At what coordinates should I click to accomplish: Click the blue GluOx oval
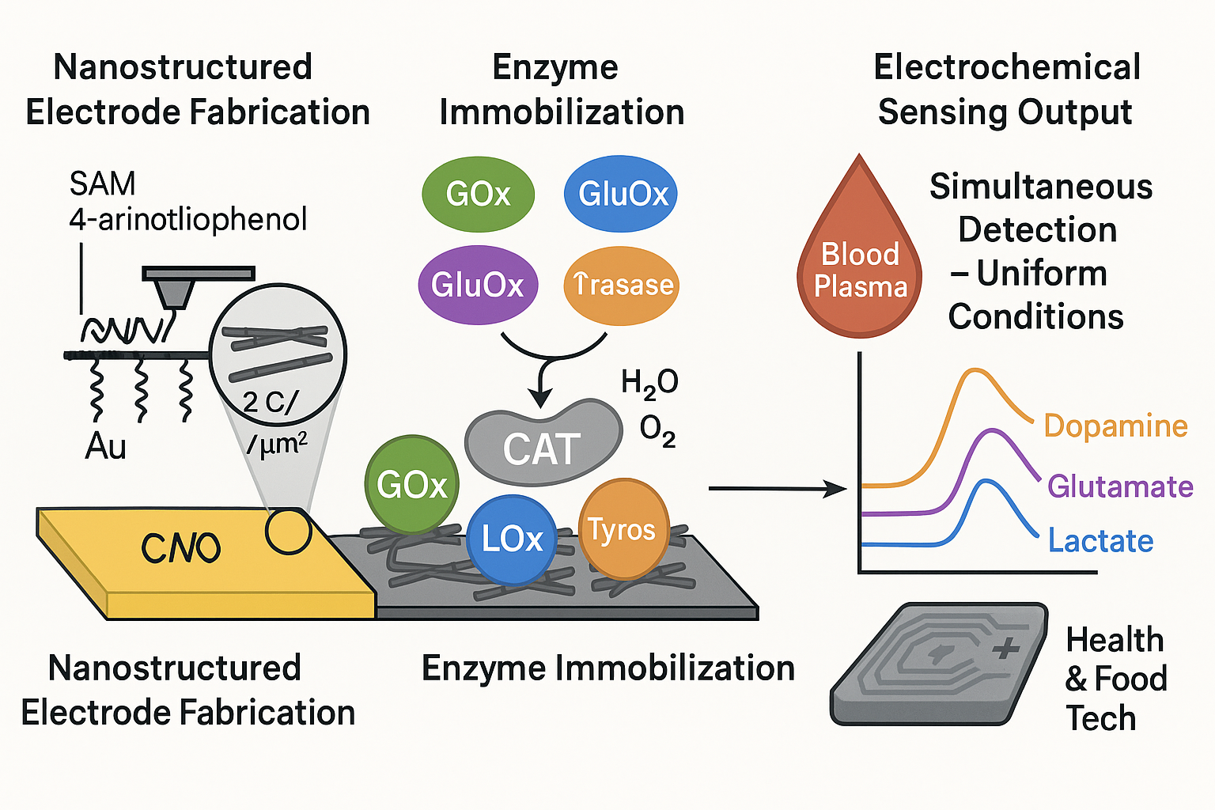[621, 194]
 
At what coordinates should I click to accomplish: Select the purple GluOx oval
[478, 285]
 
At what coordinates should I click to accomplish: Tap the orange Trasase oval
[622, 285]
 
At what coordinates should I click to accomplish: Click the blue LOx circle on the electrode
[512, 539]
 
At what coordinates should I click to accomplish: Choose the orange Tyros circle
[623, 529]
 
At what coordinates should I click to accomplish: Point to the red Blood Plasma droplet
[860, 261]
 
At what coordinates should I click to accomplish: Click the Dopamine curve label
[1115, 426]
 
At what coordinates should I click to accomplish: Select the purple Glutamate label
[1120, 486]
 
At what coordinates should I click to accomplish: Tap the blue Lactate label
[1100, 541]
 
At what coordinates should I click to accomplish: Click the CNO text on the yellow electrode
[180, 547]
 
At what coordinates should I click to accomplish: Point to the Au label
[105, 447]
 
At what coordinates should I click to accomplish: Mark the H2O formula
[649, 383]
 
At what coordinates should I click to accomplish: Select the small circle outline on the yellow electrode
[288, 531]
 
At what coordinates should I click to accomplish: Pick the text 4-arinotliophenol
[188, 219]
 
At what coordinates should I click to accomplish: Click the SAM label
[103, 184]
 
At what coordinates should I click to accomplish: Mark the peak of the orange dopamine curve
[977, 370]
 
